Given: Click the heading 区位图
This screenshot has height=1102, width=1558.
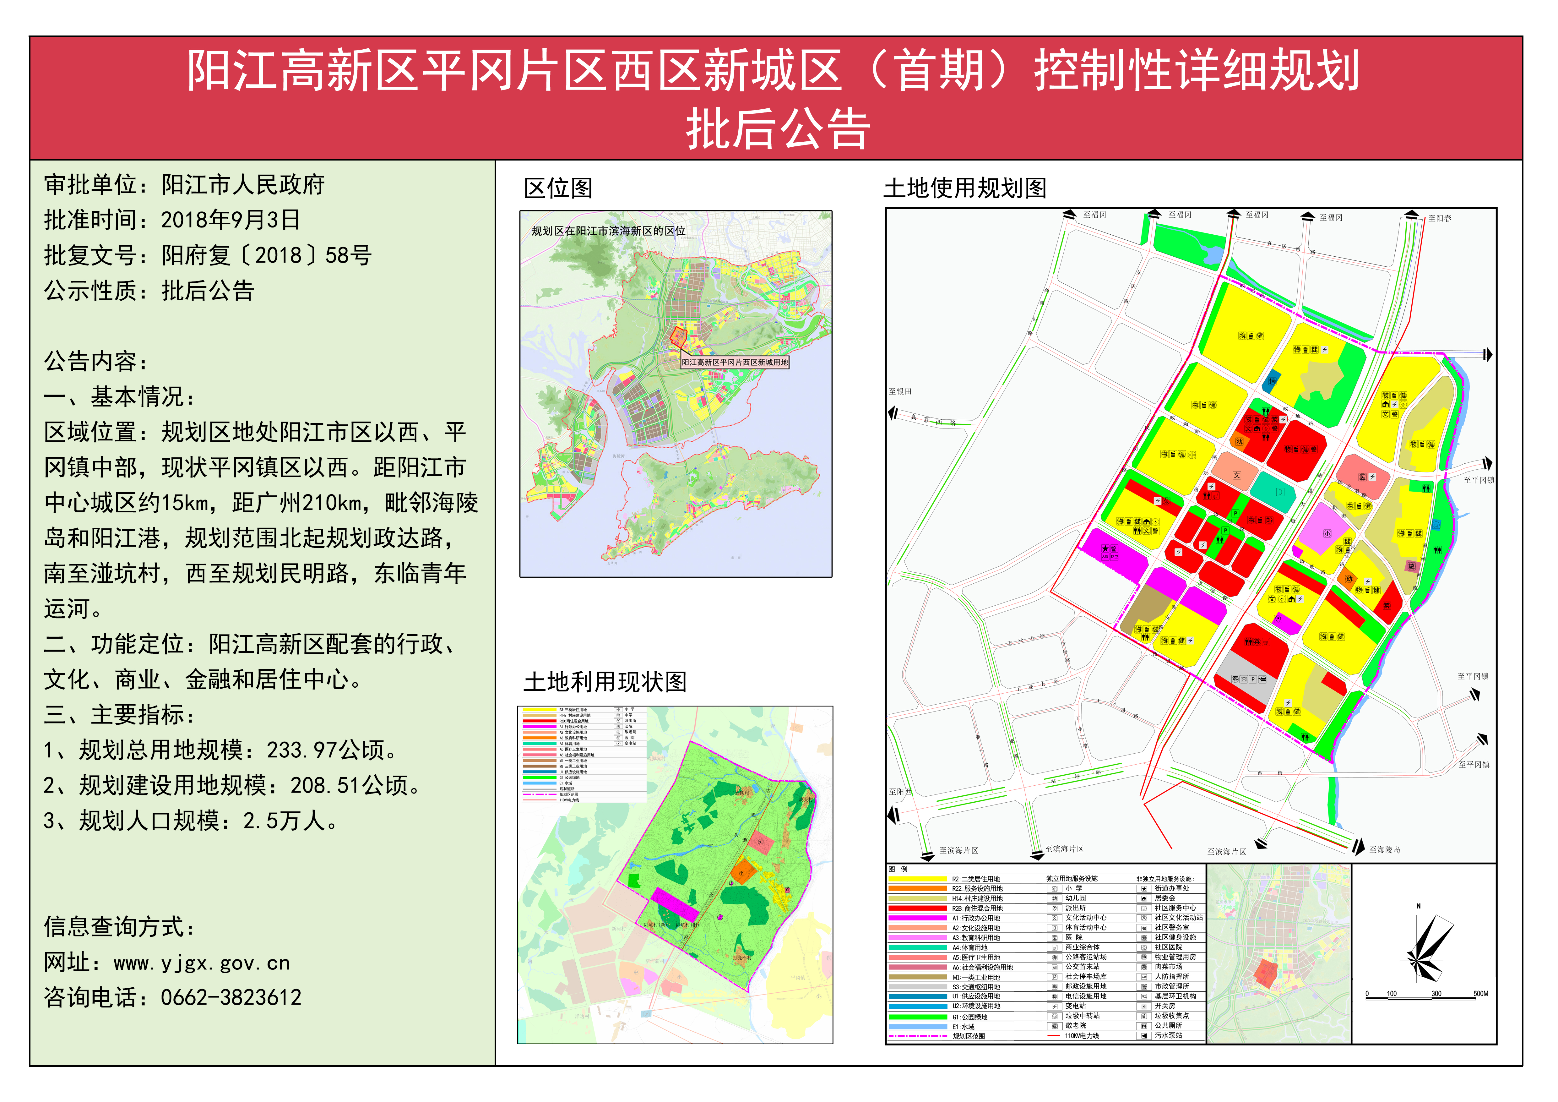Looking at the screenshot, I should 558,188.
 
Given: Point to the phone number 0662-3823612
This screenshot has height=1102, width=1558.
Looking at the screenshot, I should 231,997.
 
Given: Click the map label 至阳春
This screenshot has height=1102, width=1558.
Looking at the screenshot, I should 1439,219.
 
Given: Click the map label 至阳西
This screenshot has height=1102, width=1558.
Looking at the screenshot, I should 900,791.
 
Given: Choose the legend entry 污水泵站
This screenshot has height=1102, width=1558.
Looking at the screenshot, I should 1169,1035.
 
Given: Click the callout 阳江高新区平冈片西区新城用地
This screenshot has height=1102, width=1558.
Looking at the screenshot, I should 735,362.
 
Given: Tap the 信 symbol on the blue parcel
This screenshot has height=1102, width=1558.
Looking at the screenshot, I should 1272,381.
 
